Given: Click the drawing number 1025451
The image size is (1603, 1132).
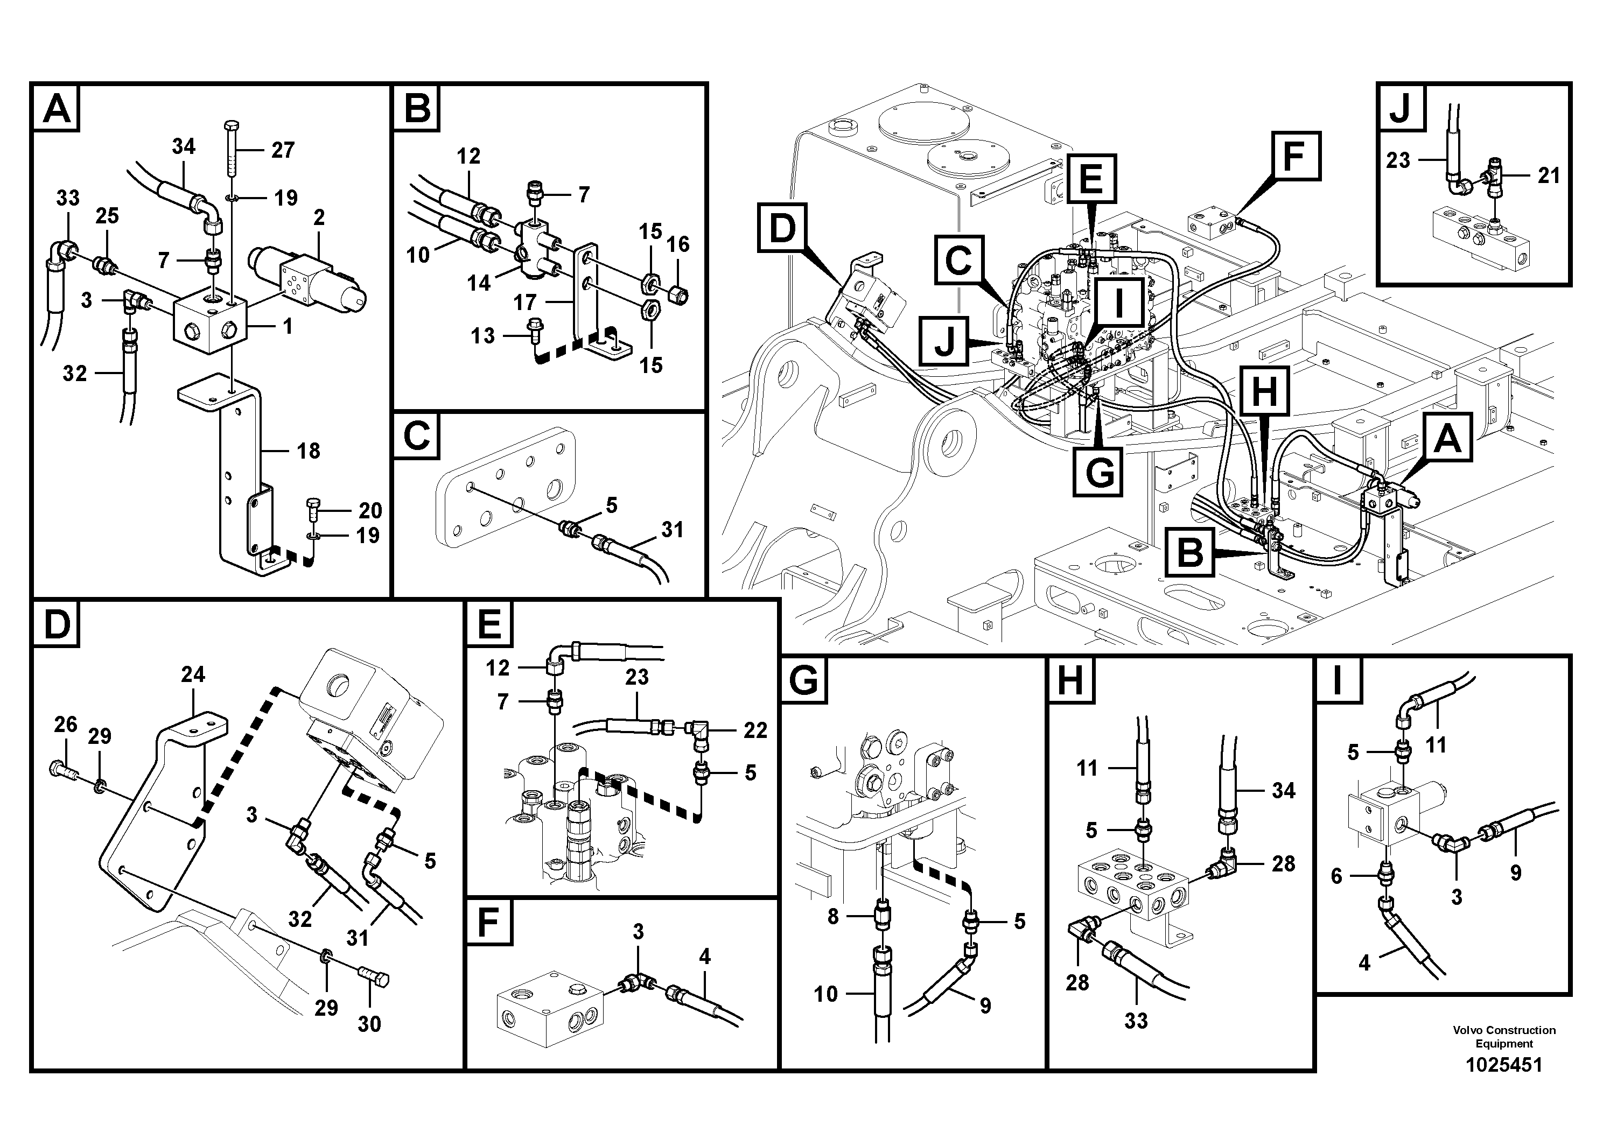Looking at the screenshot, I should pos(1504,1065).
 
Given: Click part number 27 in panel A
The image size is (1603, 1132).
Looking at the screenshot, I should pos(283,150).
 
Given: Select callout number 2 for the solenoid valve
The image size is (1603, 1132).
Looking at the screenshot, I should pos(319,218).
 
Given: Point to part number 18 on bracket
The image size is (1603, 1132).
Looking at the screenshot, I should pos(308,451).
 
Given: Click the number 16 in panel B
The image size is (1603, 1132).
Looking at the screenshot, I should pos(678,244).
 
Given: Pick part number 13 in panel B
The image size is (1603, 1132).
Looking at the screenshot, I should pos(482,336).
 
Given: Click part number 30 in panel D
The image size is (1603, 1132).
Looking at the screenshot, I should pos(369,1024).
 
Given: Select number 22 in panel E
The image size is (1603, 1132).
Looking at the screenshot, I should pos(755,730).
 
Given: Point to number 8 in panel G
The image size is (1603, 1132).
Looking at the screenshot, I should pos(832,916).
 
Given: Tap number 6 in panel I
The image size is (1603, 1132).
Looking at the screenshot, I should pos(1336,876).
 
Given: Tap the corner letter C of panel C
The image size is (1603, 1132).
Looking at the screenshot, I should pos(417,437).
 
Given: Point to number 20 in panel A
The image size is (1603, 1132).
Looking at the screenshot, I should pos(370,511).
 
